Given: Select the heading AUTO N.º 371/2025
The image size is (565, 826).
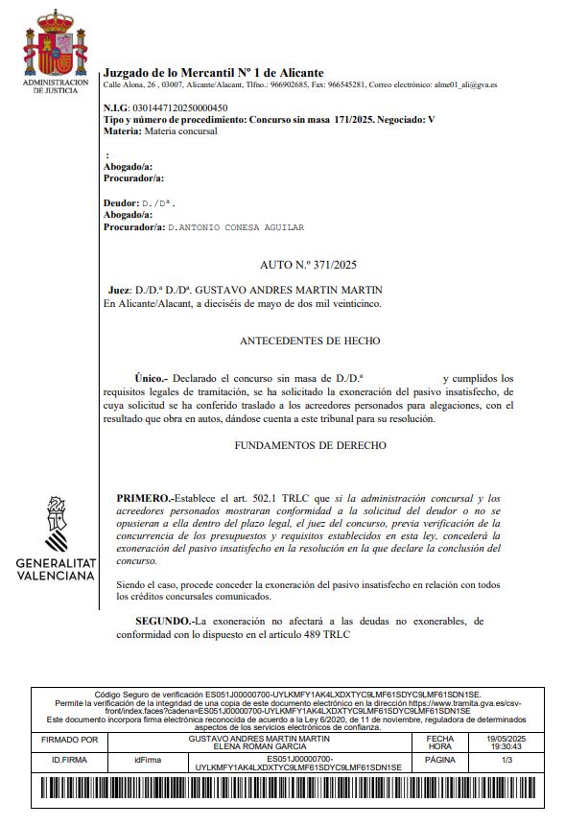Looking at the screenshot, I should pos(309,264).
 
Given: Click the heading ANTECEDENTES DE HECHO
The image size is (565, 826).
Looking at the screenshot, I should pos(310,341).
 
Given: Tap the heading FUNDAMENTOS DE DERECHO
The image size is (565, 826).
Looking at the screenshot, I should pos(310,445).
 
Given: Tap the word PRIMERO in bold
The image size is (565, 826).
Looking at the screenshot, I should pos(142,499).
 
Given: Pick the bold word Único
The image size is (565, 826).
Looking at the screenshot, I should pos(151,378).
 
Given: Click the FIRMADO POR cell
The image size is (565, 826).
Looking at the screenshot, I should pos(70,740).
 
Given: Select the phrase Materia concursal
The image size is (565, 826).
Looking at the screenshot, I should pos(179,130).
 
